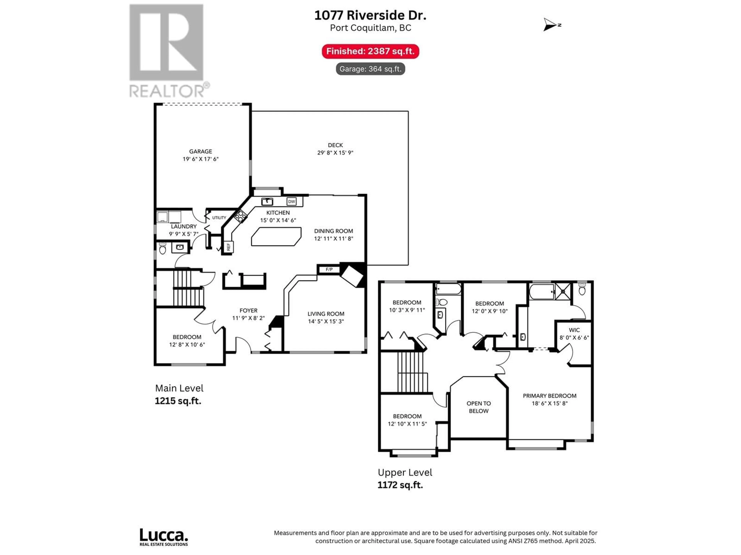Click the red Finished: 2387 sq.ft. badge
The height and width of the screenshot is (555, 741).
370,51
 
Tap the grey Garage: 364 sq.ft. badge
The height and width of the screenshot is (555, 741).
370,69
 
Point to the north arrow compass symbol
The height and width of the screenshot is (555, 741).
551,25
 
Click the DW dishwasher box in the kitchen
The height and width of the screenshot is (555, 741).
291,201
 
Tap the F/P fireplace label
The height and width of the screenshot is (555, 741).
329,269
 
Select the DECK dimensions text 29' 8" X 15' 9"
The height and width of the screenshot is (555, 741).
335,153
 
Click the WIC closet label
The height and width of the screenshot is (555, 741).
574,330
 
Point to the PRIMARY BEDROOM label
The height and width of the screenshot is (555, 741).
550,396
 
